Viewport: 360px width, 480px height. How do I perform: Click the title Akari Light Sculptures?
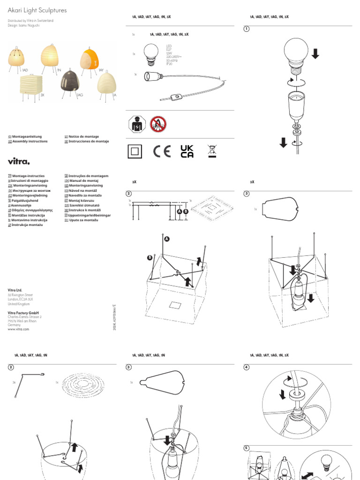click(37, 10)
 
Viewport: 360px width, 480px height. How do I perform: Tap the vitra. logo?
click(19, 161)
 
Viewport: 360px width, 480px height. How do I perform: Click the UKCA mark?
click(187, 151)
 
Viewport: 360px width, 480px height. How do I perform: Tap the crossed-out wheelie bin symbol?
click(212, 151)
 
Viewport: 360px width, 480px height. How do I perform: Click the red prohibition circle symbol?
click(158, 124)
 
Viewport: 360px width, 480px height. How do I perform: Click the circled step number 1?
click(246, 29)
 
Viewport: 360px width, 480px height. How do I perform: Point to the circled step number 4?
click(246, 367)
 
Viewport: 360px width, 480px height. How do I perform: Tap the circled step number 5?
click(246, 448)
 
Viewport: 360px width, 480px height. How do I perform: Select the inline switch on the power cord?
click(177, 97)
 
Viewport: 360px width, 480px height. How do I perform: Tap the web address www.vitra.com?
click(19, 330)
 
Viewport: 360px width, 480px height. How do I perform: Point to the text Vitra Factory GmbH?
click(23, 313)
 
